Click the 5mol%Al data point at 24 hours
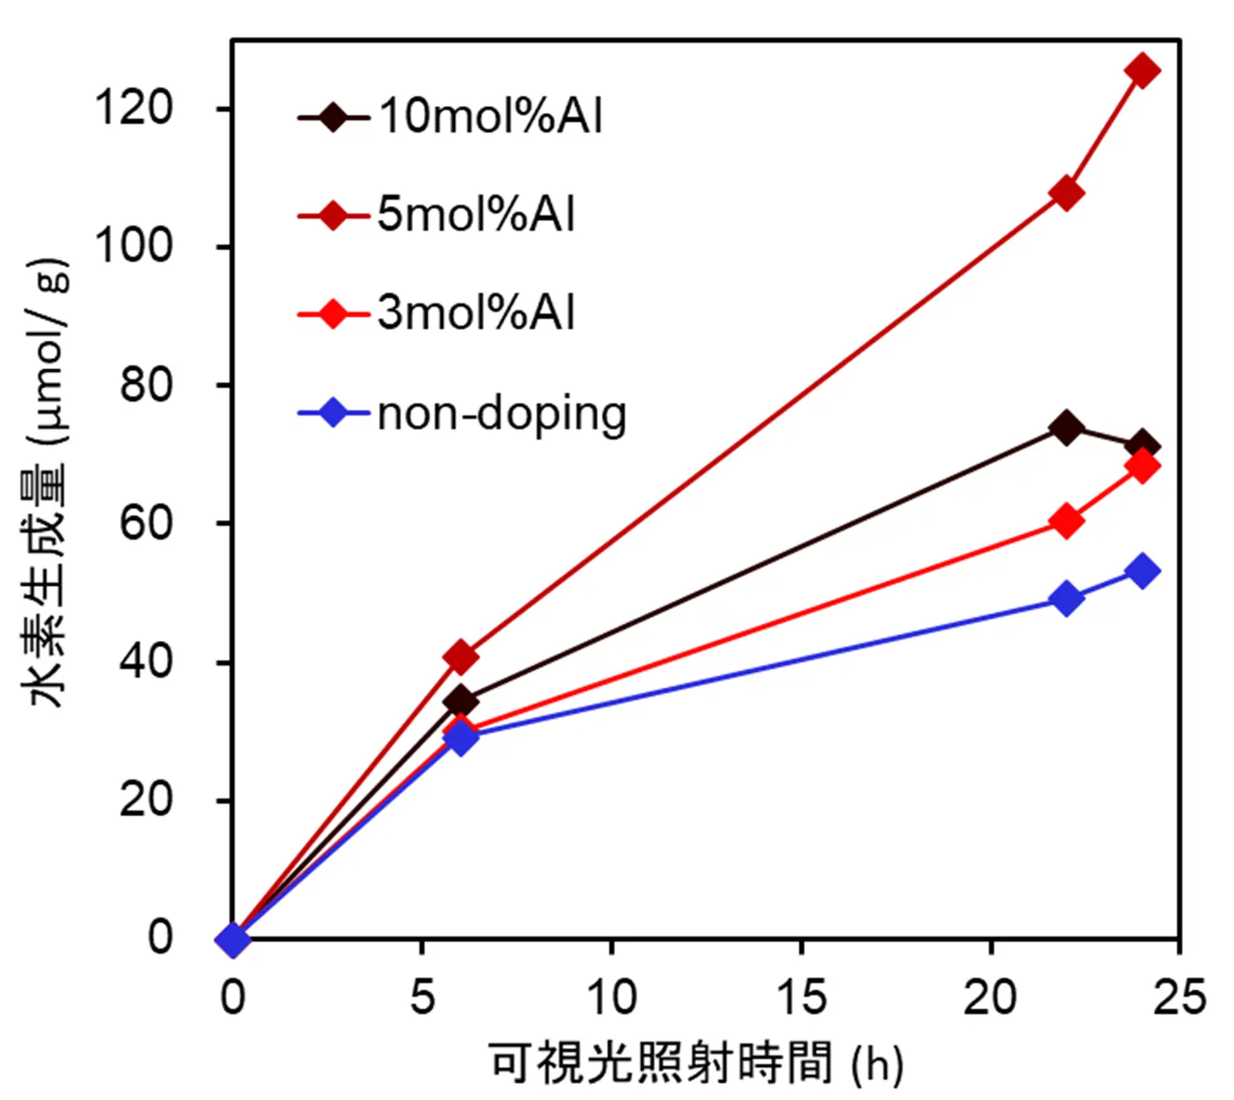1141,70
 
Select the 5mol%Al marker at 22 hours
1066,194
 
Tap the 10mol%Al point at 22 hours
1066,427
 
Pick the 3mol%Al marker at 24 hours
1141,466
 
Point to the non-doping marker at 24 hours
1141,571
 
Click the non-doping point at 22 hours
1066,598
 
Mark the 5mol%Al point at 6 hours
461,657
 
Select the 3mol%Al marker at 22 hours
1066,521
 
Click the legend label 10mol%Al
490,116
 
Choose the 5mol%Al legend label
476,214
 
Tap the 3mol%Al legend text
476,313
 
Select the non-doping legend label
502,415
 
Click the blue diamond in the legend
332,414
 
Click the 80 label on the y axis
147,386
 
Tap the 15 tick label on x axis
801,997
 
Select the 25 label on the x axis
1179,997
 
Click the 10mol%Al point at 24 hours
1141,445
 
